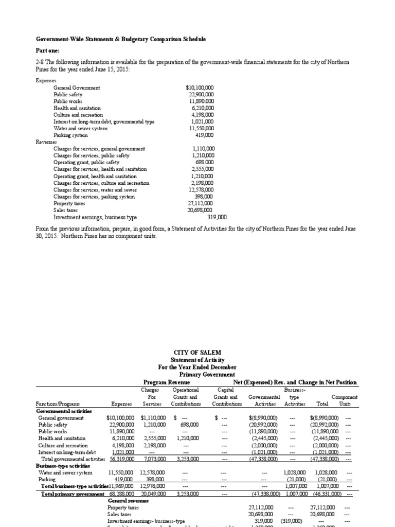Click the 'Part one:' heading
click(x=47, y=50)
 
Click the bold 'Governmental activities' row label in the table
click(x=63, y=411)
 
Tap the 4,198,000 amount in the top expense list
click(x=201, y=115)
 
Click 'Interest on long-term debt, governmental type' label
click(x=104, y=121)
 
